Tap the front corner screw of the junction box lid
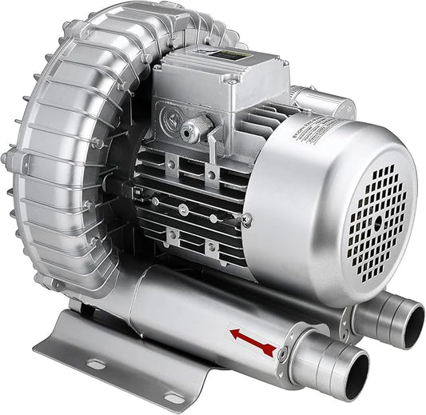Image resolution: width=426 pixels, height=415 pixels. click(232, 79)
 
